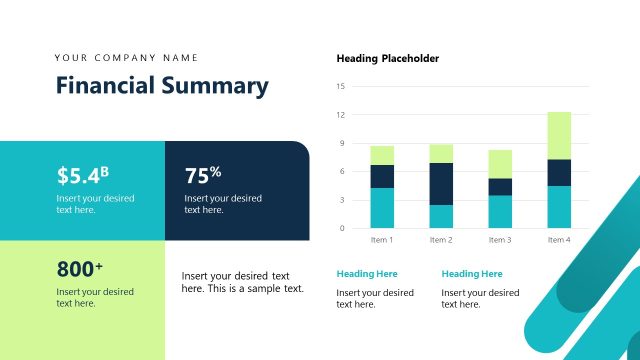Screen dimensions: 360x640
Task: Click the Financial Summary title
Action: (x=162, y=86)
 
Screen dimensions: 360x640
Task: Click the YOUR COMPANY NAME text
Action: (x=127, y=57)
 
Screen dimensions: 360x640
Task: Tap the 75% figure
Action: (x=203, y=175)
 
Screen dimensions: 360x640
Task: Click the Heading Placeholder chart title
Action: (x=388, y=58)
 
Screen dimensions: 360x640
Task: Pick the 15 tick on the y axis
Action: (x=341, y=87)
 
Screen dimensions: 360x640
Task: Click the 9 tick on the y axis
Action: (x=341, y=143)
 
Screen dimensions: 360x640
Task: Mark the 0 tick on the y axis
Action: (x=341, y=228)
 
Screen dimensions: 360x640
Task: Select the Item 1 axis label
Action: (x=382, y=240)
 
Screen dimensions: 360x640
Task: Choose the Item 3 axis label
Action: (x=500, y=240)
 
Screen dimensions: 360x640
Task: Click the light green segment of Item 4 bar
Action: (x=559, y=135)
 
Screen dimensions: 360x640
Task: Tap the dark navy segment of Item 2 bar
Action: (x=441, y=184)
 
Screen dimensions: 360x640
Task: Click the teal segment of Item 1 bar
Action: (x=382, y=208)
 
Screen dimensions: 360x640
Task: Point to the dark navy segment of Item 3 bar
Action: (x=500, y=187)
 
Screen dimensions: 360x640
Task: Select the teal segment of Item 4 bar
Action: (x=559, y=207)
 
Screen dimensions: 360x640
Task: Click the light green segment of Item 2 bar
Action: (x=441, y=153)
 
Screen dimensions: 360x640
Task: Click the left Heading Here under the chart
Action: (x=367, y=274)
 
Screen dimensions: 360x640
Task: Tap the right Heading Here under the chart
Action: (x=472, y=274)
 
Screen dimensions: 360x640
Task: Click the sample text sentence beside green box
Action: (x=242, y=282)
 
